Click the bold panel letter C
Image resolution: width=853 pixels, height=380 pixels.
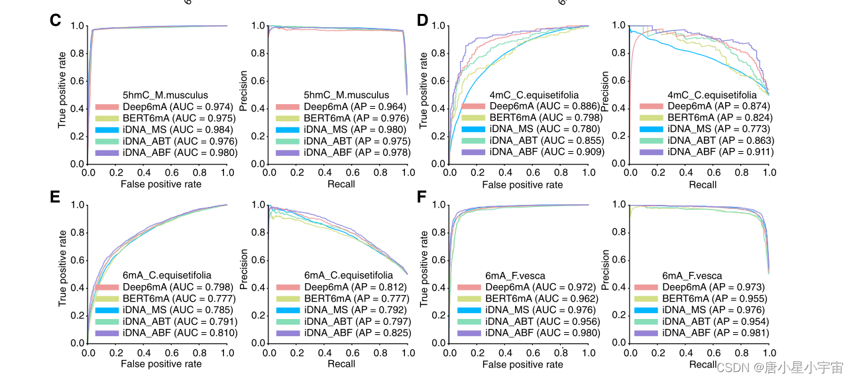[x=56, y=21]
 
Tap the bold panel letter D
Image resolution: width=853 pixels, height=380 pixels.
[x=422, y=21]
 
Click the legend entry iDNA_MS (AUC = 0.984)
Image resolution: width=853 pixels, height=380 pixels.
[x=177, y=129]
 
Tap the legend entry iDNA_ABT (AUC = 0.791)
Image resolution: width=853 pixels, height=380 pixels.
[x=177, y=320]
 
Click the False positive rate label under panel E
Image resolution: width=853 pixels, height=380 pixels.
[x=160, y=363]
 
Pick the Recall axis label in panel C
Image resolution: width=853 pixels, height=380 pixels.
[x=341, y=184]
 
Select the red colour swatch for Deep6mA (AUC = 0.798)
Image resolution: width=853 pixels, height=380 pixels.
[x=110, y=287]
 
